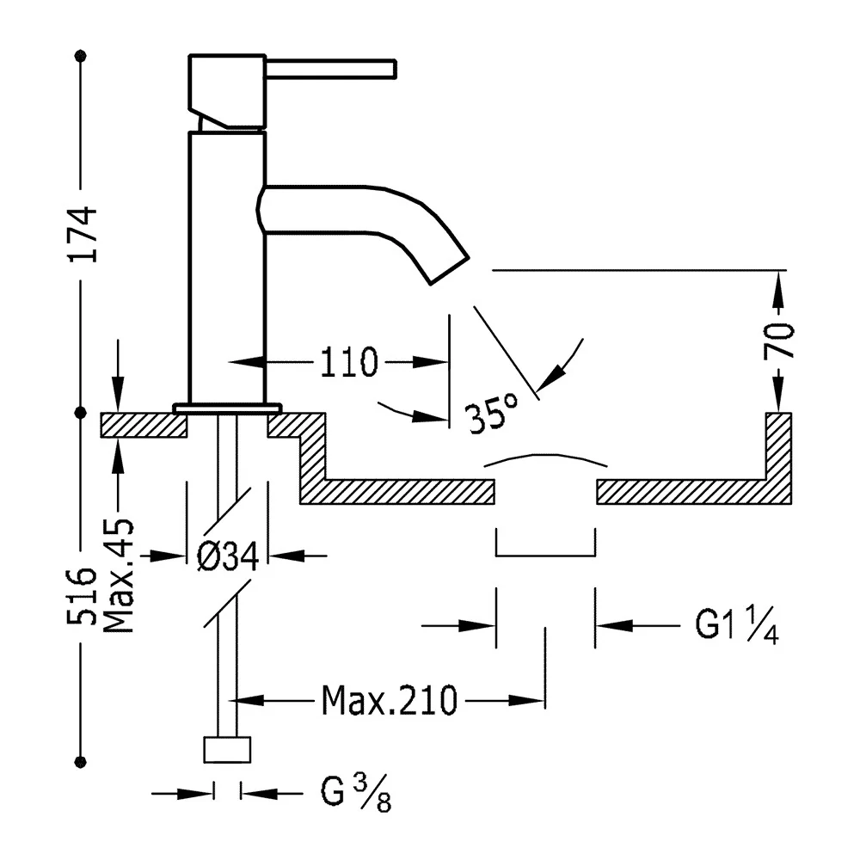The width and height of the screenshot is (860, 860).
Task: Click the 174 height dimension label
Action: (x=82, y=234)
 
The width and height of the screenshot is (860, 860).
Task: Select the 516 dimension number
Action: (x=82, y=597)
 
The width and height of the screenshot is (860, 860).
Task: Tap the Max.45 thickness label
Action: (x=119, y=576)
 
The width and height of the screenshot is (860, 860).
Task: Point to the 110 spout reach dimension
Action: (x=349, y=363)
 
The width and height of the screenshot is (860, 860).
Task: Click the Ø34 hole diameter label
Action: (x=228, y=556)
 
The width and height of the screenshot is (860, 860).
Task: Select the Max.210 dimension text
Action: (x=389, y=700)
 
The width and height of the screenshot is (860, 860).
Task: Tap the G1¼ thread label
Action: (x=737, y=624)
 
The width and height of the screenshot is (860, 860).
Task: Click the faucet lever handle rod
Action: (x=331, y=69)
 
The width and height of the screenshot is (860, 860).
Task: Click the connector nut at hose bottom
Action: (x=227, y=749)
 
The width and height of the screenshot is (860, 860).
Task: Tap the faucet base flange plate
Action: (x=227, y=408)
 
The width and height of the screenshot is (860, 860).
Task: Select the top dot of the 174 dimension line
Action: (x=81, y=55)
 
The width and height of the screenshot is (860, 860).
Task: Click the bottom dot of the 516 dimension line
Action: (x=81, y=761)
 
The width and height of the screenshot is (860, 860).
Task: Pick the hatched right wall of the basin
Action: (x=778, y=458)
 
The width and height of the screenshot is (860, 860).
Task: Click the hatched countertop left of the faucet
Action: (x=144, y=425)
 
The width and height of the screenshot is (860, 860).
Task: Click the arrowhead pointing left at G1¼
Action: (x=614, y=624)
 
